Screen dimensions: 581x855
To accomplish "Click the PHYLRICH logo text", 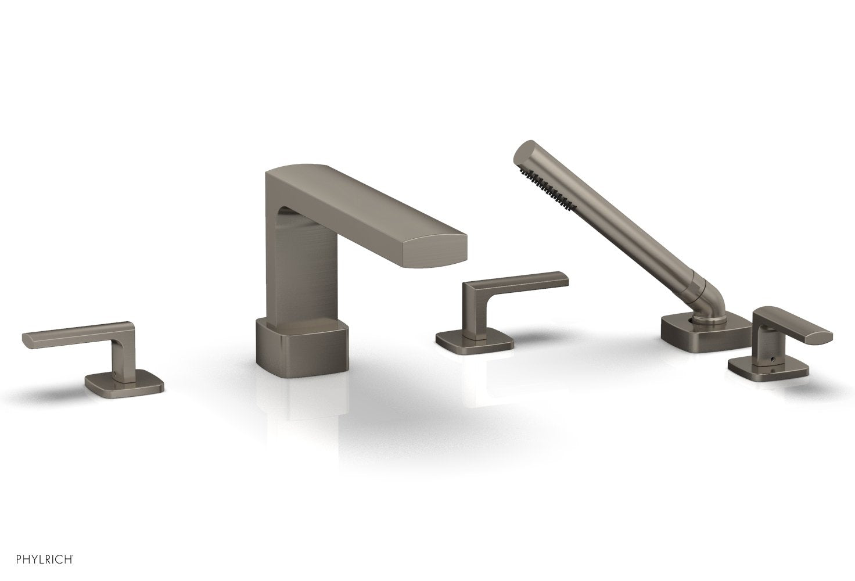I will click(39, 560).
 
